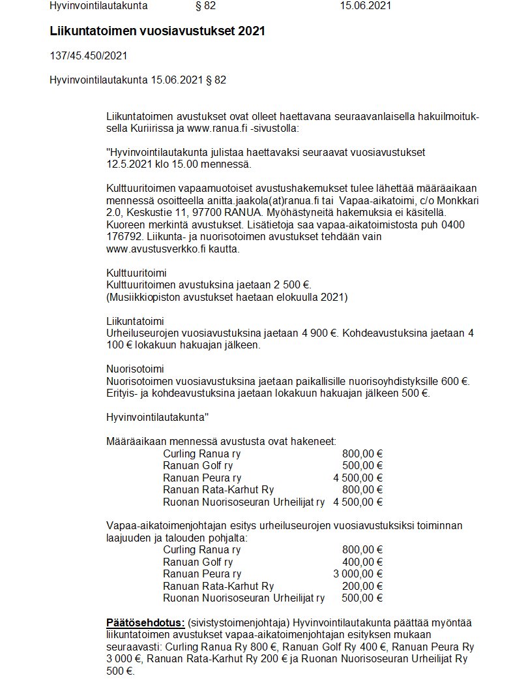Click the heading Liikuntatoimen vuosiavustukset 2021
157,31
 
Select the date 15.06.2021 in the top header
365,6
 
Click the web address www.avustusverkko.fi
149,249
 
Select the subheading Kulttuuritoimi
136,273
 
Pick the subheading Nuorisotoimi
136,369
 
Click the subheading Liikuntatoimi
135,321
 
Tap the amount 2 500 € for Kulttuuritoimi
293,284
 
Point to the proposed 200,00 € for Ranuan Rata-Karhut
362,586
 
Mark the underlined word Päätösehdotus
145,622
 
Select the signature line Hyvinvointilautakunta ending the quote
157,417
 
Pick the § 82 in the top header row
205,6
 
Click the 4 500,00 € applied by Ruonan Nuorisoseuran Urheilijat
357,502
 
